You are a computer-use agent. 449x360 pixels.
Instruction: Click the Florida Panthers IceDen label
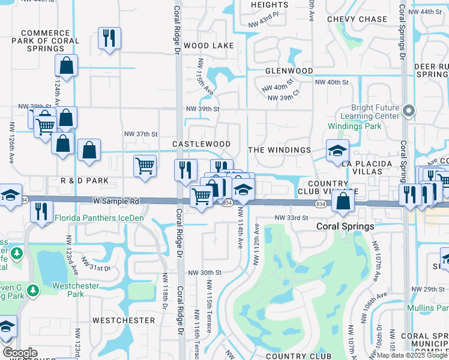click(x=99, y=218)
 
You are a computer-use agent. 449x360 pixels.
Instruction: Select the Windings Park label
click(x=354, y=127)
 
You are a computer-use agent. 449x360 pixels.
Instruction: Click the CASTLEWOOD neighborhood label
click(x=201, y=145)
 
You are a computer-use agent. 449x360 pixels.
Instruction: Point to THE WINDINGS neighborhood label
click(x=279, y=150)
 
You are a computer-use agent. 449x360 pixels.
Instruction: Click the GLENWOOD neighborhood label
click(x=289, y=71)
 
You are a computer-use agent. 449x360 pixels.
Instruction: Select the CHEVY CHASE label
click(x=357, y=19)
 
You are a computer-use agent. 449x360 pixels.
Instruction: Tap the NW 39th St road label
click(x=203, y=109)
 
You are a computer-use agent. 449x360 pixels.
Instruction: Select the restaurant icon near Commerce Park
click(x=109, y=38)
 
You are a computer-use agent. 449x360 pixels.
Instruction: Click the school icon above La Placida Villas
click(x=337, y=150)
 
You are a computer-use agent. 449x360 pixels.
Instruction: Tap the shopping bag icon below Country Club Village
click(x=342, y=200)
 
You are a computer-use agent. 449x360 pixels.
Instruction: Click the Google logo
click(x=20, y=353)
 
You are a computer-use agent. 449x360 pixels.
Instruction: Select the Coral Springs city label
click(x=345, y=227)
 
